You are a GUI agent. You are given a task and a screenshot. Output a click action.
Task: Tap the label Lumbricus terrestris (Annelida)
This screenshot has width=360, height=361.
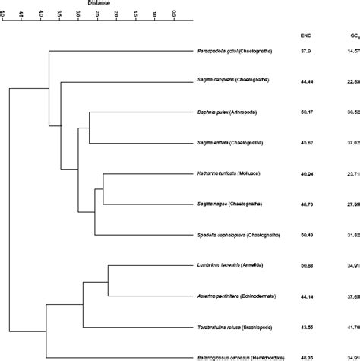coord(235,266)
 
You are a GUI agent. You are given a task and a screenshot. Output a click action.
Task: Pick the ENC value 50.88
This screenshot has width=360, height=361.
coord(307,266)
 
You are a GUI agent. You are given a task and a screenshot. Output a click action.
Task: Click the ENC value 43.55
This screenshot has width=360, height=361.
coord(307,327)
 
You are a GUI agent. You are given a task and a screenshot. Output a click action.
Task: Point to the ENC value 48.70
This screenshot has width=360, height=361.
coord(307,204)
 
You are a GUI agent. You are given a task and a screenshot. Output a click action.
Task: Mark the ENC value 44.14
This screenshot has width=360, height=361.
coord(307,296)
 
